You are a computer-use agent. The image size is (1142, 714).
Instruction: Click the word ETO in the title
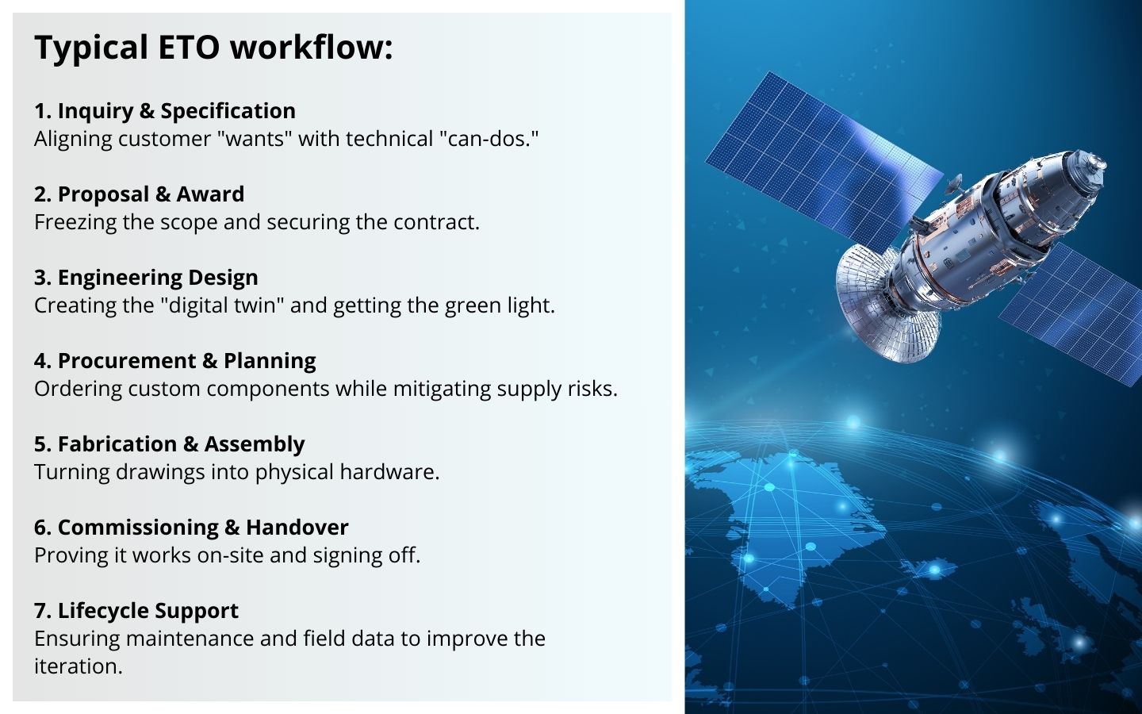189,48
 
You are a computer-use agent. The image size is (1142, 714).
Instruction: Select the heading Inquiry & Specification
165,111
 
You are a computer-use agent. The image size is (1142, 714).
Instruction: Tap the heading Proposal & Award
140,194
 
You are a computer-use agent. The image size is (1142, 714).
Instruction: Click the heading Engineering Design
146,278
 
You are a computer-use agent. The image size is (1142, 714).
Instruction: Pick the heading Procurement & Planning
174,360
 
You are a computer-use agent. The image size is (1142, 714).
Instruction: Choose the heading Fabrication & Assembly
169,443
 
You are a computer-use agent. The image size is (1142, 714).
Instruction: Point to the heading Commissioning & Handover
191,527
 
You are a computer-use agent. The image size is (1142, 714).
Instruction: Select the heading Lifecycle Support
136,611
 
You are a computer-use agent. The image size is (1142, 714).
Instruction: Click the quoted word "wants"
254,139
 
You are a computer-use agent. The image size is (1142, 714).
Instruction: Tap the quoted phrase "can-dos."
489,139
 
